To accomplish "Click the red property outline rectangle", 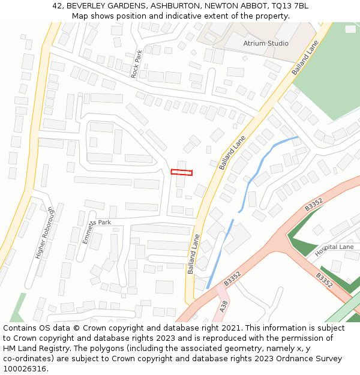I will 181,172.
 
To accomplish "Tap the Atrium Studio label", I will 265,44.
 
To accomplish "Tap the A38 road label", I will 224,306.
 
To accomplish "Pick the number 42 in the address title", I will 57,5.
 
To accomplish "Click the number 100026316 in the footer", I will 26,369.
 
